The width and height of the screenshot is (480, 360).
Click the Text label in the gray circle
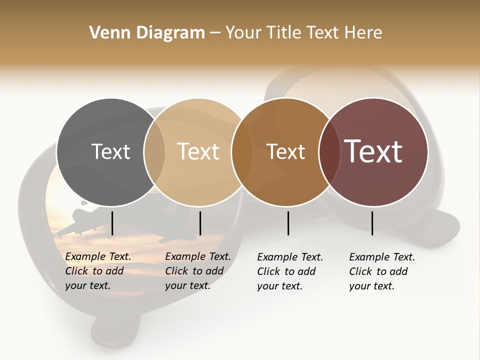click(x=110, y=151)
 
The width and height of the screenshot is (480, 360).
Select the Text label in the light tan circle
click(x=198, y=151)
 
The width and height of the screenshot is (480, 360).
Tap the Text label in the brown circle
click(x=285, y=151)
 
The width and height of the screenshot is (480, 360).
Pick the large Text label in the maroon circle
click(x=373, y=151)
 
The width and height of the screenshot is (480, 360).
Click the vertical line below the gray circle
click(x=112, y=223)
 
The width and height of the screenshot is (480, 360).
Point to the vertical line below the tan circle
click(x=200, y=223)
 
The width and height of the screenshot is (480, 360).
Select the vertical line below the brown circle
click(x=288, y=223)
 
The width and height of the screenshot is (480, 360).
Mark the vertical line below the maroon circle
click(x=372, y=223)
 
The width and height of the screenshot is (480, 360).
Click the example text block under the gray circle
click(x=98, y=271)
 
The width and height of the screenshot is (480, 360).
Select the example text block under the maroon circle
click(x=382, y=271)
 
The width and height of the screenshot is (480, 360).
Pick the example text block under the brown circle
click(x=290, y=271)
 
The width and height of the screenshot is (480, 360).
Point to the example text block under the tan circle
click(x=198, y=271)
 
